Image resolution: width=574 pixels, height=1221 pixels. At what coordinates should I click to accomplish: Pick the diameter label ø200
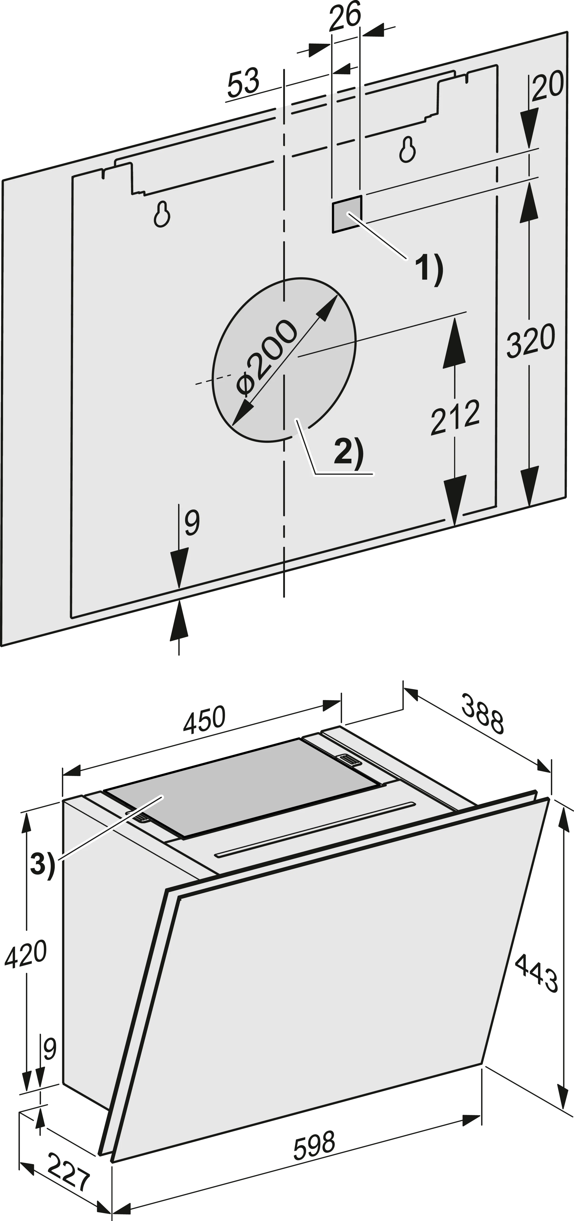pyautogui.click(x=267, y=357)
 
